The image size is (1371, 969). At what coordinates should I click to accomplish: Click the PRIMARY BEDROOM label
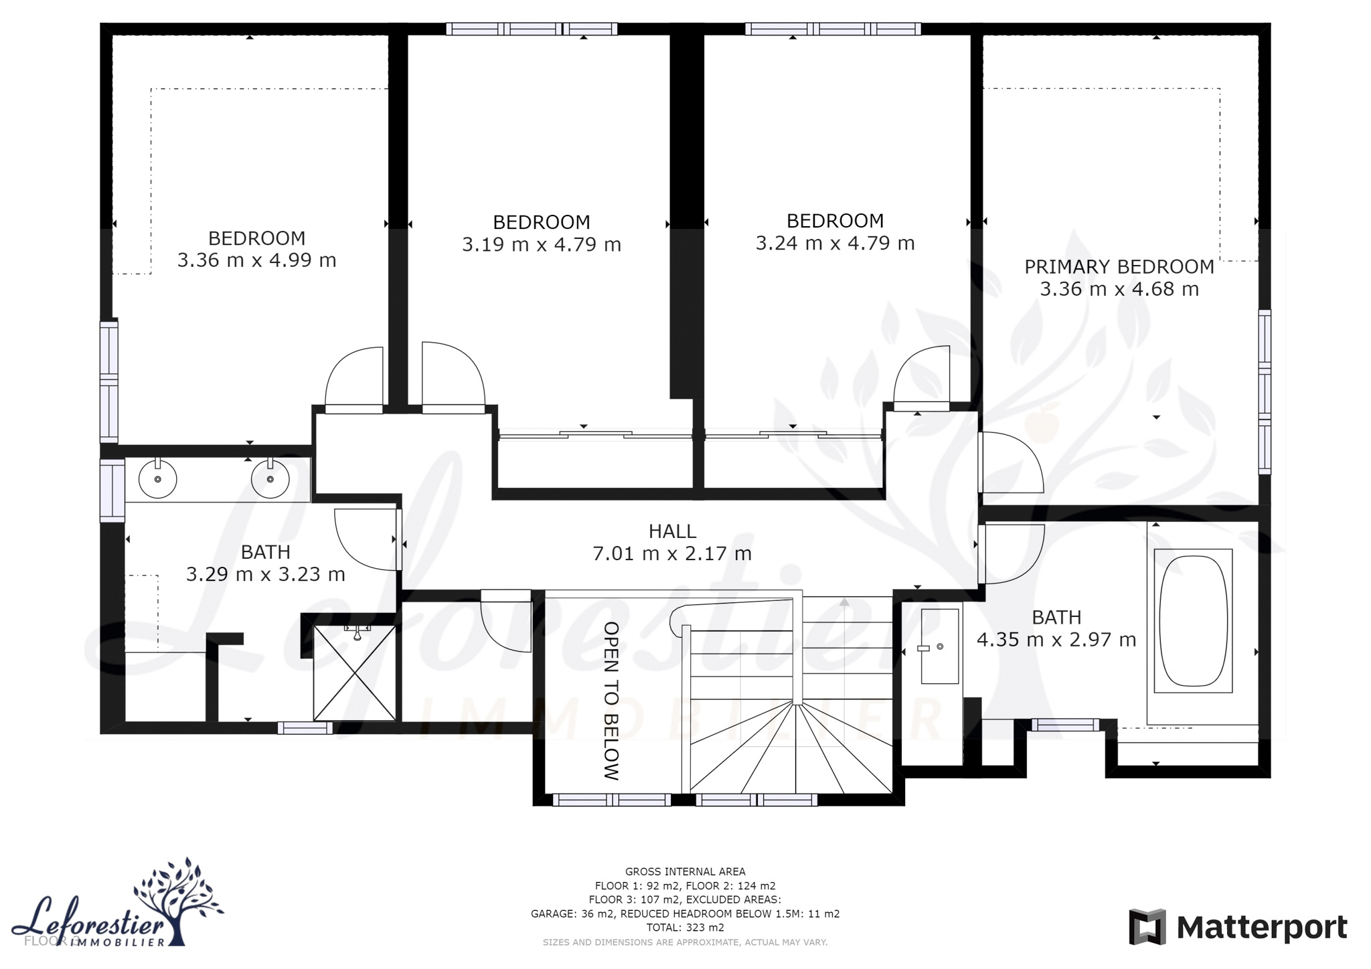(x=1119, y=266)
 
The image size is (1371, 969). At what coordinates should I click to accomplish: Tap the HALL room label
(x=672, y=531)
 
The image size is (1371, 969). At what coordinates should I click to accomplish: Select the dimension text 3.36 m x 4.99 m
(x=256, y=260)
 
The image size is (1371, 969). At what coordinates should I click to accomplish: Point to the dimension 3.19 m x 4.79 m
(x=542, y=245)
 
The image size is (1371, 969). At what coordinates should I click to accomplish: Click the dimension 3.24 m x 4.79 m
(x=835, y=244)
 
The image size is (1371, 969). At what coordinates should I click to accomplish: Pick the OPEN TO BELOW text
(x=611, y=701)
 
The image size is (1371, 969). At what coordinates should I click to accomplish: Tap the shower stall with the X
(x=355, y=673)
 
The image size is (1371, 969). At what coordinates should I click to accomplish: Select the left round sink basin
(x=157, y=478)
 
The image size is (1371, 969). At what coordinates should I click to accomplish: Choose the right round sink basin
(x=270, y=478)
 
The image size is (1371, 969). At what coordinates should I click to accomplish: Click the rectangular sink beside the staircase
(x=940, y=646)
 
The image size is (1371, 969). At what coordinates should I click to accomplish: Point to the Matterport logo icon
(x=1147, y=927)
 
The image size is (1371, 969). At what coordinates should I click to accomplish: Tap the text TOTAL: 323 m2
(x=685, y=928)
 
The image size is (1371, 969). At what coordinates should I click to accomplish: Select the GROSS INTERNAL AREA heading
(x=685, y=871)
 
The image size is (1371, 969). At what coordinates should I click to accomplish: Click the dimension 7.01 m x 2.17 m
(x=672, y=554)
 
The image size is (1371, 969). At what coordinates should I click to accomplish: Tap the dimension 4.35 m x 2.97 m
(x=1056, y=640)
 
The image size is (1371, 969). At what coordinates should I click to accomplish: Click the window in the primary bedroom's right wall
(x=1264, y=391)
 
